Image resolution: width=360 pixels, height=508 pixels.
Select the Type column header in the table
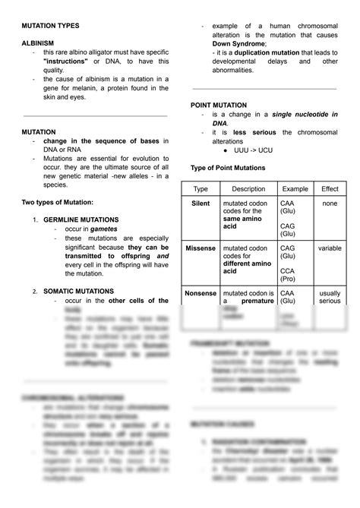click(201, 188)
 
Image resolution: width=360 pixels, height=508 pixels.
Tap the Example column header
click(295, 188)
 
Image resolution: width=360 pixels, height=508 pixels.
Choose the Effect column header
click(330, 188)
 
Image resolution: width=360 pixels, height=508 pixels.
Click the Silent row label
click(201, 204)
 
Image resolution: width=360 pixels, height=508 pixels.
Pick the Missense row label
click(201, 248)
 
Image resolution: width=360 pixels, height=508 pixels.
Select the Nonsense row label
click(201, 292)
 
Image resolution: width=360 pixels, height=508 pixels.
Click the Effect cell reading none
click(330, 204)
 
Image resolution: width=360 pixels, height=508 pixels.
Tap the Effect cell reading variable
click(330, 248)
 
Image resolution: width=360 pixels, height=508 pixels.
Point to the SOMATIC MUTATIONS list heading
click(78, 291)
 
